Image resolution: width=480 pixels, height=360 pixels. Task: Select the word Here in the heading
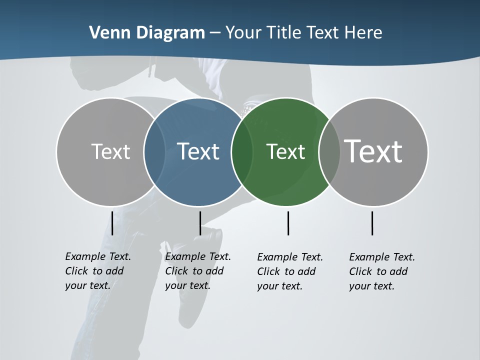point(363,33)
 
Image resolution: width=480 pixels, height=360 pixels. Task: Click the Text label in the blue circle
point(198,151)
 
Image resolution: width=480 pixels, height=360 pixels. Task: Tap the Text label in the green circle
point(285,151)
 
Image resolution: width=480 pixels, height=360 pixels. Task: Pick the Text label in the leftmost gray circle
point(110,151)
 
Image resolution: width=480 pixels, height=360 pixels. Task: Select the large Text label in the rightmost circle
point(373,151)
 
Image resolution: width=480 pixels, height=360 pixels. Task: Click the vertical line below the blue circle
point(200,223)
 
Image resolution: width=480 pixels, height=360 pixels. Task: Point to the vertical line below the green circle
point(288,223)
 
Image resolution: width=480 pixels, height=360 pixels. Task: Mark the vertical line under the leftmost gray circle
point(112,223)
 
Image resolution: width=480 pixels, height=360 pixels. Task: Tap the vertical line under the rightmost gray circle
point(372,223)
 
